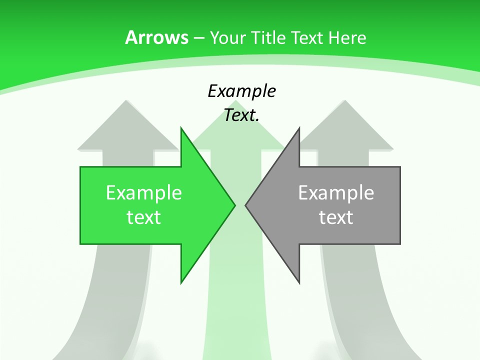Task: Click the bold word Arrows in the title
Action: coord(156,37)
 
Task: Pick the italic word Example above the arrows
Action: coord(241,91)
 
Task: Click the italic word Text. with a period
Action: coord(241,115)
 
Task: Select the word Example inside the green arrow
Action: coord(144,193)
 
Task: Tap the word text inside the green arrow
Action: coord(144,217)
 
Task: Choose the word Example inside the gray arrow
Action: coord(336,193)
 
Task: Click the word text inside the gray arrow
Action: coord(336,217)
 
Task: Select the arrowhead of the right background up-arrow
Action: coord(344,125)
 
